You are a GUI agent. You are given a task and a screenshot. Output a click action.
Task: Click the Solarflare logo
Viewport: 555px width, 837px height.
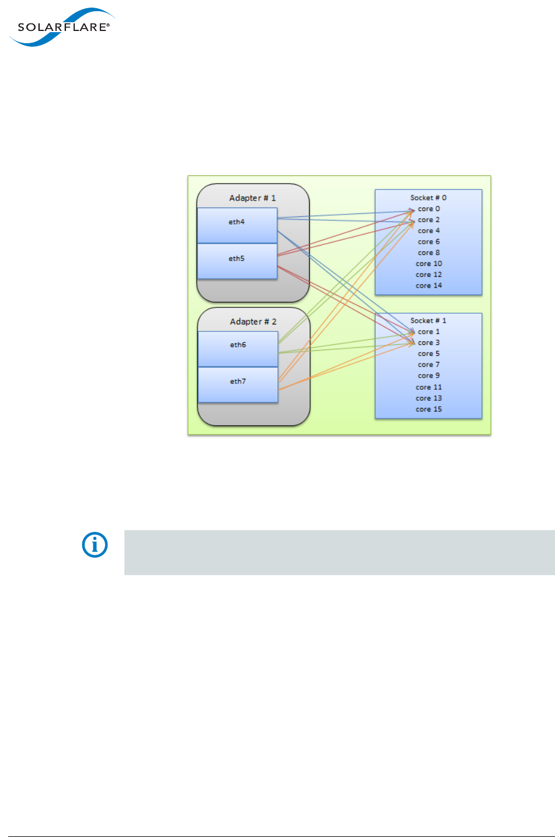click(x=61, y=27)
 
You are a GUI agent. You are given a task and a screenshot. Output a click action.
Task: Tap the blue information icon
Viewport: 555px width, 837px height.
click(x=95, y=545)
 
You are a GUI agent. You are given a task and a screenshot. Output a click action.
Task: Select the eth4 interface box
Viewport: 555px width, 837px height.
click(x=237, y=225)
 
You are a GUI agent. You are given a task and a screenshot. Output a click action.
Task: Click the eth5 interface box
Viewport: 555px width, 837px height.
click(x=237, y=261)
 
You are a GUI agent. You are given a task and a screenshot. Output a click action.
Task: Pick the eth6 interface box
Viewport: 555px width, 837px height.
click(x=238, y=348)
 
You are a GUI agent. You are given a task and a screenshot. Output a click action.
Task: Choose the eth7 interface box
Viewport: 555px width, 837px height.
click(x=238, y=384)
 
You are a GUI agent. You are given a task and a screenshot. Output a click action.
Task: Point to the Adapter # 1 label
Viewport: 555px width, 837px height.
click(x=252, y=198)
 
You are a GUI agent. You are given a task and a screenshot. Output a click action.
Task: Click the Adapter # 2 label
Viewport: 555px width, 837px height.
click(x=253, y=321)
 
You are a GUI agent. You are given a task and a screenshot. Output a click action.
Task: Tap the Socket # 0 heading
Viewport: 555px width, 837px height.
click(x=428, y=198)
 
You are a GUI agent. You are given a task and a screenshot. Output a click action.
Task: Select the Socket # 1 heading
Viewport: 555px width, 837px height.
click(x=428, y=320)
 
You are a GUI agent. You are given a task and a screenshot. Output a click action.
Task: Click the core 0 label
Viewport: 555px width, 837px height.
click(x=429, y=209)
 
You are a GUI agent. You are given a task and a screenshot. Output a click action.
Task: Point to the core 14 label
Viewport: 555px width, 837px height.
click(x=429, y=286)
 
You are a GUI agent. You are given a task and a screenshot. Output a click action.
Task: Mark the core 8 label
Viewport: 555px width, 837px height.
click(x=429, y=253)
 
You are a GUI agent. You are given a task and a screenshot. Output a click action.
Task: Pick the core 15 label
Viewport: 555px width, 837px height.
click(x=429, y=409)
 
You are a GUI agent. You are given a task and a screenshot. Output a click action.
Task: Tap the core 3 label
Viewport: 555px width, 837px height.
click(x=429, y=343)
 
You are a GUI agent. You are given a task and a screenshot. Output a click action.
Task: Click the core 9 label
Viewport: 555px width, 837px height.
click(x=429, y=376)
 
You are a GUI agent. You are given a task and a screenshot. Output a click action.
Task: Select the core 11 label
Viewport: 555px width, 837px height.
click(x=429, y=387)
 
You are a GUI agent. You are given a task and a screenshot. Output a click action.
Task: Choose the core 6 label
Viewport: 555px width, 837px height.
click(x=429, y=241)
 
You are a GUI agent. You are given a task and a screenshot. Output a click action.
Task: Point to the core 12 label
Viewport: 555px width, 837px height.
click(x=429, y=275)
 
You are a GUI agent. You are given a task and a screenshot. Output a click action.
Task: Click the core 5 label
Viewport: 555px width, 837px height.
click(x=429, y=354)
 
